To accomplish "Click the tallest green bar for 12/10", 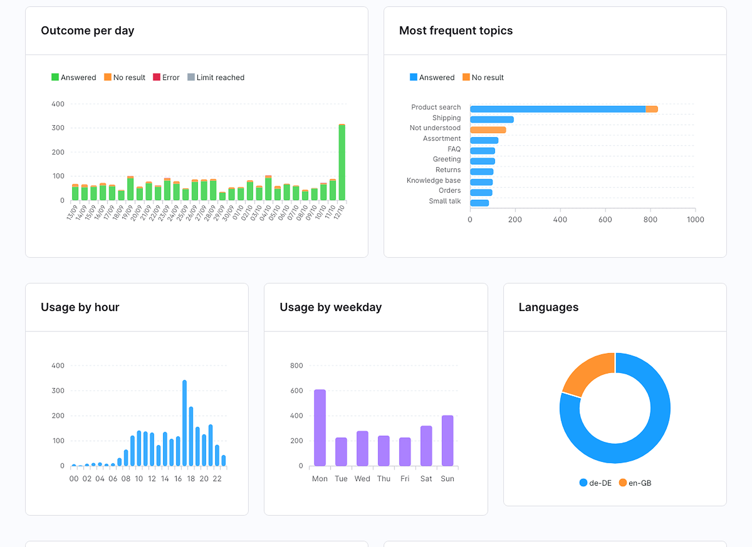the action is (342, 162).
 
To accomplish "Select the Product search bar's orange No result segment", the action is (651, 109).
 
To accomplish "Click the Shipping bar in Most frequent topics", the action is (492, 120).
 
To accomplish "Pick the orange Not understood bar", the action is (488, 130).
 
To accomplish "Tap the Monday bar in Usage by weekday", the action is (320, 428).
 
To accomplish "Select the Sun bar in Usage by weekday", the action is (447, 441).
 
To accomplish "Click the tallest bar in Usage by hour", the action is (184, 423).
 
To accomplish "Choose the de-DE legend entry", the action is (595, 483).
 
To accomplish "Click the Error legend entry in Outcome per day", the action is (166, 77).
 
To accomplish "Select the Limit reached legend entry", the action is (216, 77).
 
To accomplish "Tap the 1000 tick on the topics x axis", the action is (695, 220).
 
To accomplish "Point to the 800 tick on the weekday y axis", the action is (296, 366).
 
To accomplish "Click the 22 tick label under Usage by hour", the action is (217, 479).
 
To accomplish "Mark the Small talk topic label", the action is (445, 201).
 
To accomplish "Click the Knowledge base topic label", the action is (433, 180).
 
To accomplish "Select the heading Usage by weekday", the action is (330, 307).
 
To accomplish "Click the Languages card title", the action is (548, 307).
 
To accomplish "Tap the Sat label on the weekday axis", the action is (426, 479).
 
